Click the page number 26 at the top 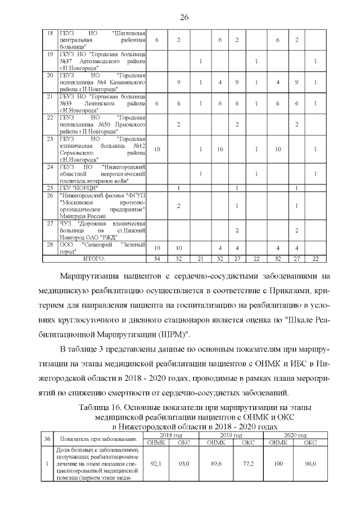pyautogui.click(x=183, y=17)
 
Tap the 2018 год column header pyautogui.click(x=170, y=436)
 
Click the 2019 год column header pyautogui.click(x=231, y=436)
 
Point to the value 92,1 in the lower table pyautogui.click(x=157, y=464)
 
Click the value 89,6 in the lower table pyautogui.click(x=215, y=464)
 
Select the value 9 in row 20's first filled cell pyautogui.click(x=178, y=83)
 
